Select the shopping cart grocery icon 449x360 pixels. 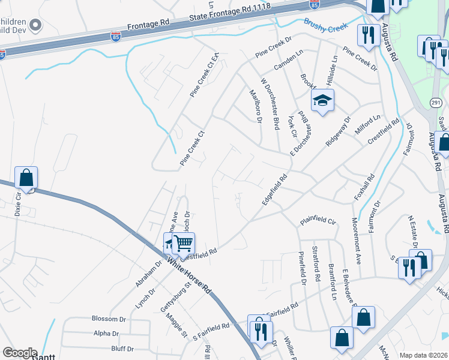click(184, 244)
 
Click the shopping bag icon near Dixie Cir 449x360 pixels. click(26, 178)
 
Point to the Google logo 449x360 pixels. click(19, 353)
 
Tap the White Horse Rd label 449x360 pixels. click(189, 276)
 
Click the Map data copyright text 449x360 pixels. click(424, 355)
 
